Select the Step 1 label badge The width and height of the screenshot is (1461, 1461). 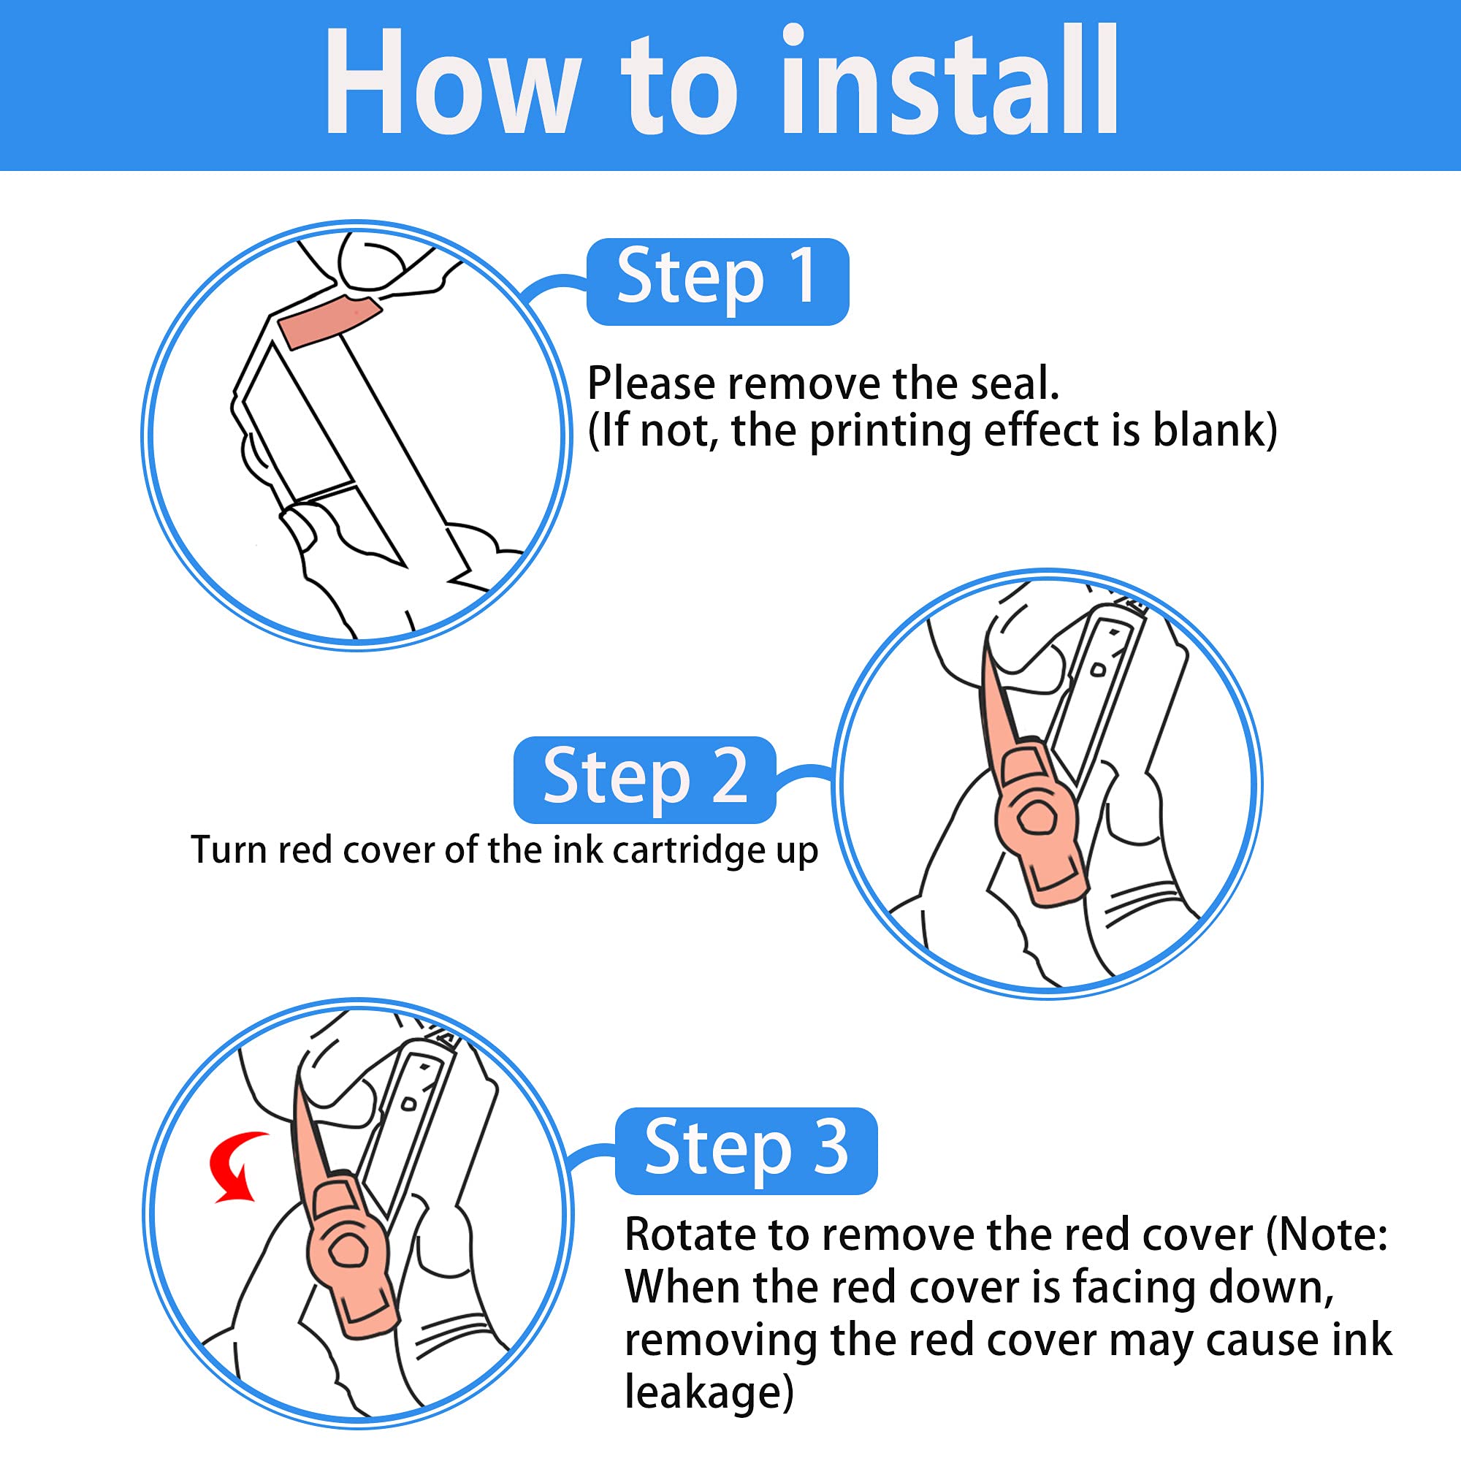tap(717, 281)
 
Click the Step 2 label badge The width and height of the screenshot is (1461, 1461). tap(644, 779)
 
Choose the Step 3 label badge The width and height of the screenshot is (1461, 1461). tap(747, 1151)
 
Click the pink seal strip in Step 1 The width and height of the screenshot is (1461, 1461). tap(329, 321)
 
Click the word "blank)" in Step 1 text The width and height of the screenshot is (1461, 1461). tap(1215, 430)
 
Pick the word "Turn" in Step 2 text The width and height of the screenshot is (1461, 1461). tap(229, 850)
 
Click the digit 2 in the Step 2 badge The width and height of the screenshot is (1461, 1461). tap(729, 777)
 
